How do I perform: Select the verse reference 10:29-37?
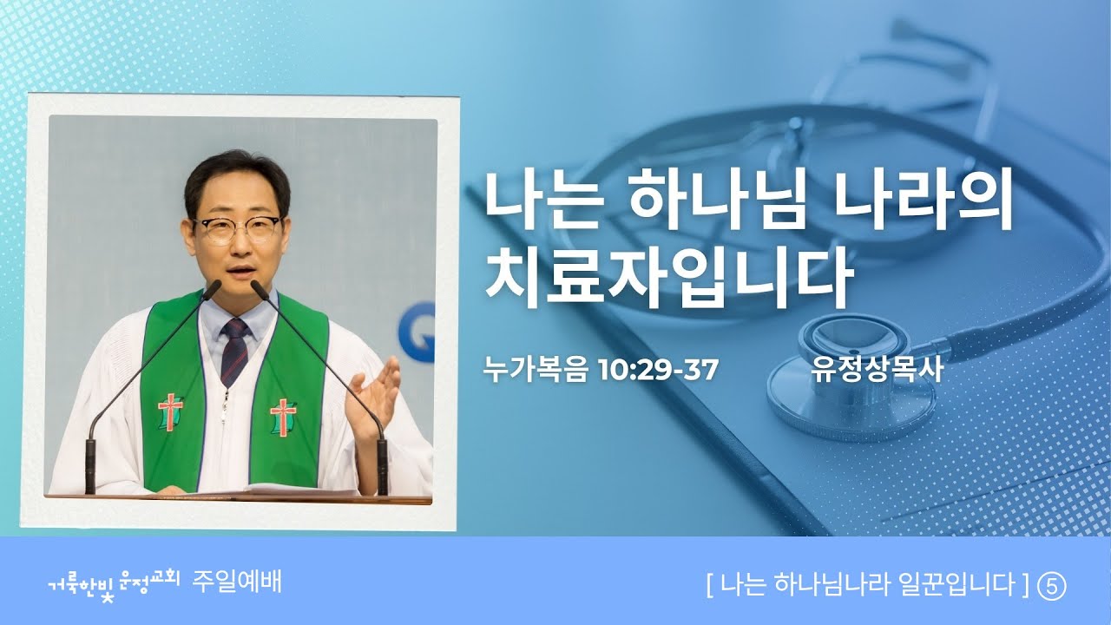[x=659, y=370]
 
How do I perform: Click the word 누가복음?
[x=536, y=370]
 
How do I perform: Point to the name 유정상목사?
[x=877, y=370]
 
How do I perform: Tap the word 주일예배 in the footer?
[x=237, y=582]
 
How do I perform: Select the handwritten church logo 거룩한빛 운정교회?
[x=113, y=585]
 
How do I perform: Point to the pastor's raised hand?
[x=373, y=397]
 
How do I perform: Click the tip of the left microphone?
[x=216, y=286]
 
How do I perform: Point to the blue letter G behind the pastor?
[x=417, y=332]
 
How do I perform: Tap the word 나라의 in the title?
[x=924, y=204]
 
